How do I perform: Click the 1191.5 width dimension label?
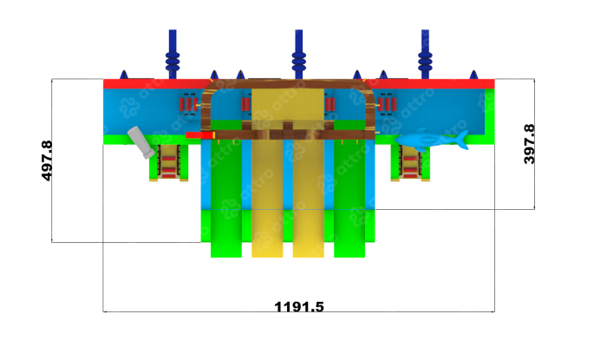point(299,306)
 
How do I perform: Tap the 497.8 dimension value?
point(47,160)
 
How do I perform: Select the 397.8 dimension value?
point(529,144)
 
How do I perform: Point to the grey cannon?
point(141,142)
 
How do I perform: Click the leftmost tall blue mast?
point(173,54)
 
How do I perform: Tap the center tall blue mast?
point(299,54)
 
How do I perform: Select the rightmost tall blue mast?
point(425,54)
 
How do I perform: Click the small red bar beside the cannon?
point(200,135)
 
